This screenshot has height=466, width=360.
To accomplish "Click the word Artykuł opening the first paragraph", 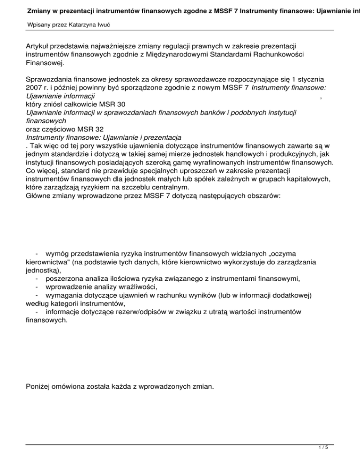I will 39,46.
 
